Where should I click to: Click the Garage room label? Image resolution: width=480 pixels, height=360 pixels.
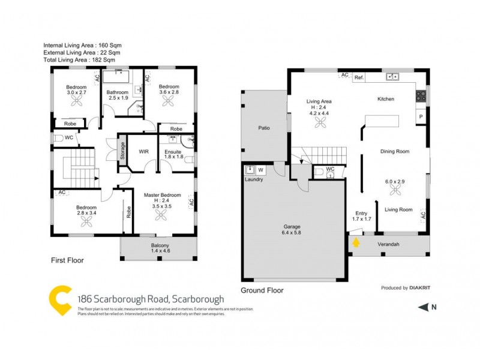(x=293, y=227)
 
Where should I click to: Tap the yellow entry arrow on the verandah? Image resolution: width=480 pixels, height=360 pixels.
(x=356, y=243)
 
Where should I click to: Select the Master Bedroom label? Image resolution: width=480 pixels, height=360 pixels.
(x=162, y=195)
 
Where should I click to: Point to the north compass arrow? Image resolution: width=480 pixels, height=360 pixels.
(x=424, y=307)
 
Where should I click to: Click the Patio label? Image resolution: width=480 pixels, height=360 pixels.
(x=264, y=128)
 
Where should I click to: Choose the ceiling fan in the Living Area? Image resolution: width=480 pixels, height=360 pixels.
(x=319, y=122)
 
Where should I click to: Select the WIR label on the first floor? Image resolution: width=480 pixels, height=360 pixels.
(x=143, y=152)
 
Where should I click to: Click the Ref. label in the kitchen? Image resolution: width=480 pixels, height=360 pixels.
(x=359, y=78)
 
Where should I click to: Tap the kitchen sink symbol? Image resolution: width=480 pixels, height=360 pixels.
(x=394, y=77)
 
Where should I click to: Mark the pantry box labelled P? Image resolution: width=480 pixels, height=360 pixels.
(x=421, y=116)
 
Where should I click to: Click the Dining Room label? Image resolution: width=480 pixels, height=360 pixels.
(x=395, y=152)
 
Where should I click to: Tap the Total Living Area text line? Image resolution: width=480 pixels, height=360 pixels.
(x=79, y=61)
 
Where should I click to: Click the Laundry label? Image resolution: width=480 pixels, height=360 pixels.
(x=253, y=179)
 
